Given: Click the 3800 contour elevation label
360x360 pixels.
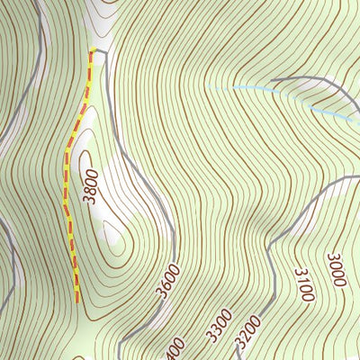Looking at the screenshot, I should (89, 185).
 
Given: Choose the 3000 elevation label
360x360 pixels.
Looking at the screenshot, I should (336, 270).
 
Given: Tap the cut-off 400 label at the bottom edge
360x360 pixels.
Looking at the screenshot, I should (175, 349).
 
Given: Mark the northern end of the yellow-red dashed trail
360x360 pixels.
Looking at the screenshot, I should (91, 51).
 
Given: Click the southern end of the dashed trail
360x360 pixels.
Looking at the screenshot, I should (76, 300).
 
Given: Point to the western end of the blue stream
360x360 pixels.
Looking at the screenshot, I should (209, 86).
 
